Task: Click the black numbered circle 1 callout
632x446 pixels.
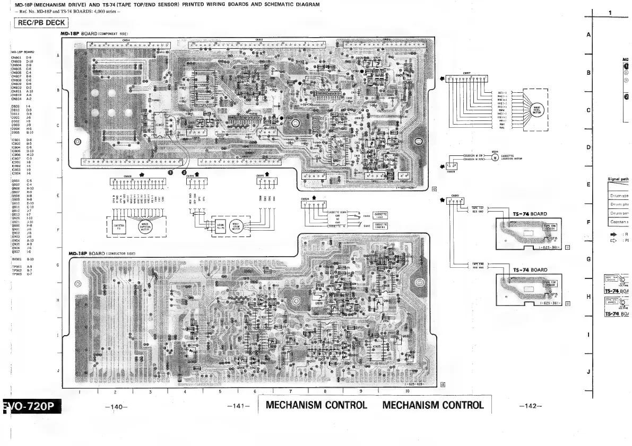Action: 170,172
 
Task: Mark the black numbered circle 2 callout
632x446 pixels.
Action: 185,172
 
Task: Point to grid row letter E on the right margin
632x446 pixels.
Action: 588,185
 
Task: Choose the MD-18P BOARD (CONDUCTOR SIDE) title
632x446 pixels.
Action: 103,253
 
